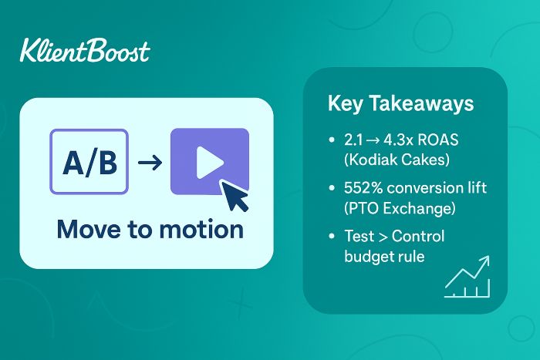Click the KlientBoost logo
pyautogui.click(x=85, y=51)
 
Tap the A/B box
pyautogui.click(x=89, y=162)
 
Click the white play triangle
pyautogui.click(x=210, y=163)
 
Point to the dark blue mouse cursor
pyautogui.click(x=235, y=196)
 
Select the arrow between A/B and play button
pyautogui.click(x=150, y=162)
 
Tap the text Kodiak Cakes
pyautogui.click(x=397, y=160)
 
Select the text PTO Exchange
pyautogui.click(x=400, y=208)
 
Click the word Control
pyautogui.click(x=418, y=236)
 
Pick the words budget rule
pyautogui.click(x=384, y=257)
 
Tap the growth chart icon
pyautogui.click(x=467, y=277)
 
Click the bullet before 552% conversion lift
pyautogui.click(x=332, y=188)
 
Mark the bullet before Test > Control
pyautogui.click(x=332, y=236)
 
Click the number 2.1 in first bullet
pyautogui.click(x=353, y=140)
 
